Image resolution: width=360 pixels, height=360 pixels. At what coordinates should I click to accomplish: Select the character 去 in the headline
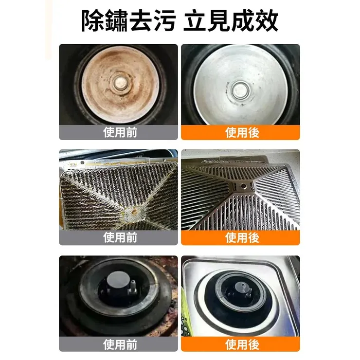[144, 21]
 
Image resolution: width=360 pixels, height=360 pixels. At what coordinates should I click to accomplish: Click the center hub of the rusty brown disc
[119, 81]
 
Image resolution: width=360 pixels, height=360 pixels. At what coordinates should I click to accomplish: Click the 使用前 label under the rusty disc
[119, 132]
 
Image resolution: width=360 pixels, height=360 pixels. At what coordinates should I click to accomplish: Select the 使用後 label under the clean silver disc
[240, 132]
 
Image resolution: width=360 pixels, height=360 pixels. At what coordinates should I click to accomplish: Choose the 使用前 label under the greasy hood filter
[119, 237]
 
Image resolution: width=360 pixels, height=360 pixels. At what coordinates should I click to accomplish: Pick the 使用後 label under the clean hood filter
[240, 237]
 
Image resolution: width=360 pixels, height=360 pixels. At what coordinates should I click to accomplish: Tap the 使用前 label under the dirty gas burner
[119, 344]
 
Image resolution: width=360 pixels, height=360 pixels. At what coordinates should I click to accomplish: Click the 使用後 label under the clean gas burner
[240, 344]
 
